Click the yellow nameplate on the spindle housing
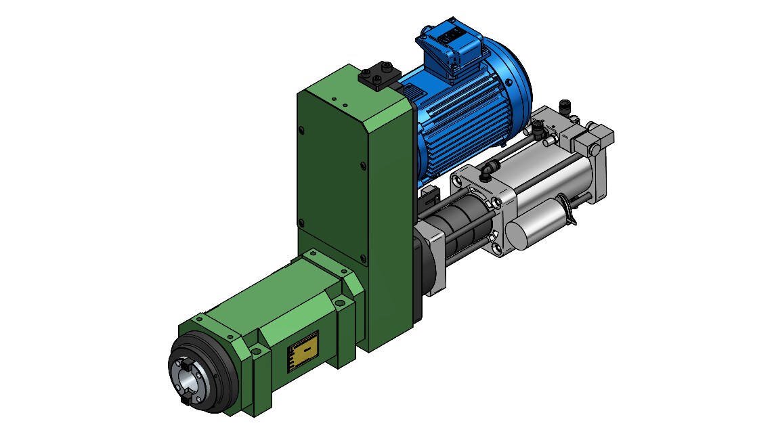click(302, 351)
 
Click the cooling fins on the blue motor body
click(460, 115)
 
